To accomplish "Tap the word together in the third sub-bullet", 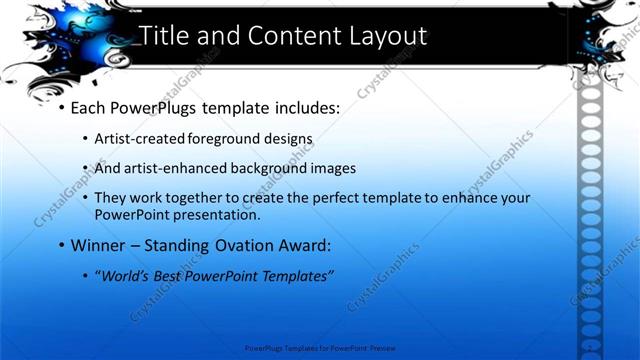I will [x=207, y=198].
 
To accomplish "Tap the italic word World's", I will [x=127, y=276].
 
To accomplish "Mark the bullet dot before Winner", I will [x=61, y=245].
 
